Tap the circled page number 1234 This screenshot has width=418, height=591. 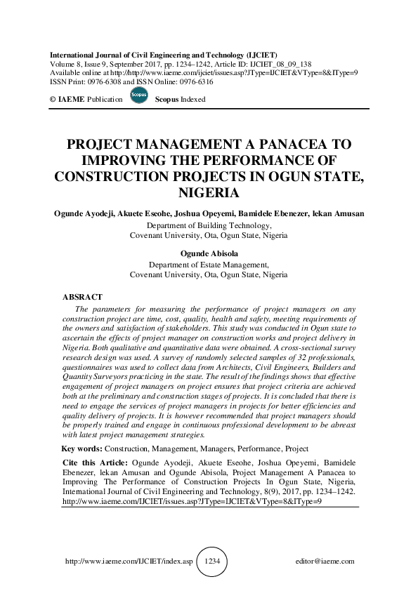coord(212,562)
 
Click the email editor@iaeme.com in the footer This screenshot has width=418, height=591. coord(326,562)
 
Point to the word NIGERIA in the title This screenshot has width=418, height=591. coord(209,192)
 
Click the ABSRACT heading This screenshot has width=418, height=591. coord(83,298)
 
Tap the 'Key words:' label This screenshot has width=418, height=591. coord(82,449)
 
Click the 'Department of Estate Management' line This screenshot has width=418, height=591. coord(209,265)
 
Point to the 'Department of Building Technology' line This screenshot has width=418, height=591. coord(209,225)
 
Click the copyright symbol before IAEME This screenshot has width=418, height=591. coord(53,100)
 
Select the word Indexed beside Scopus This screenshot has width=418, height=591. coord(192,100)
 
